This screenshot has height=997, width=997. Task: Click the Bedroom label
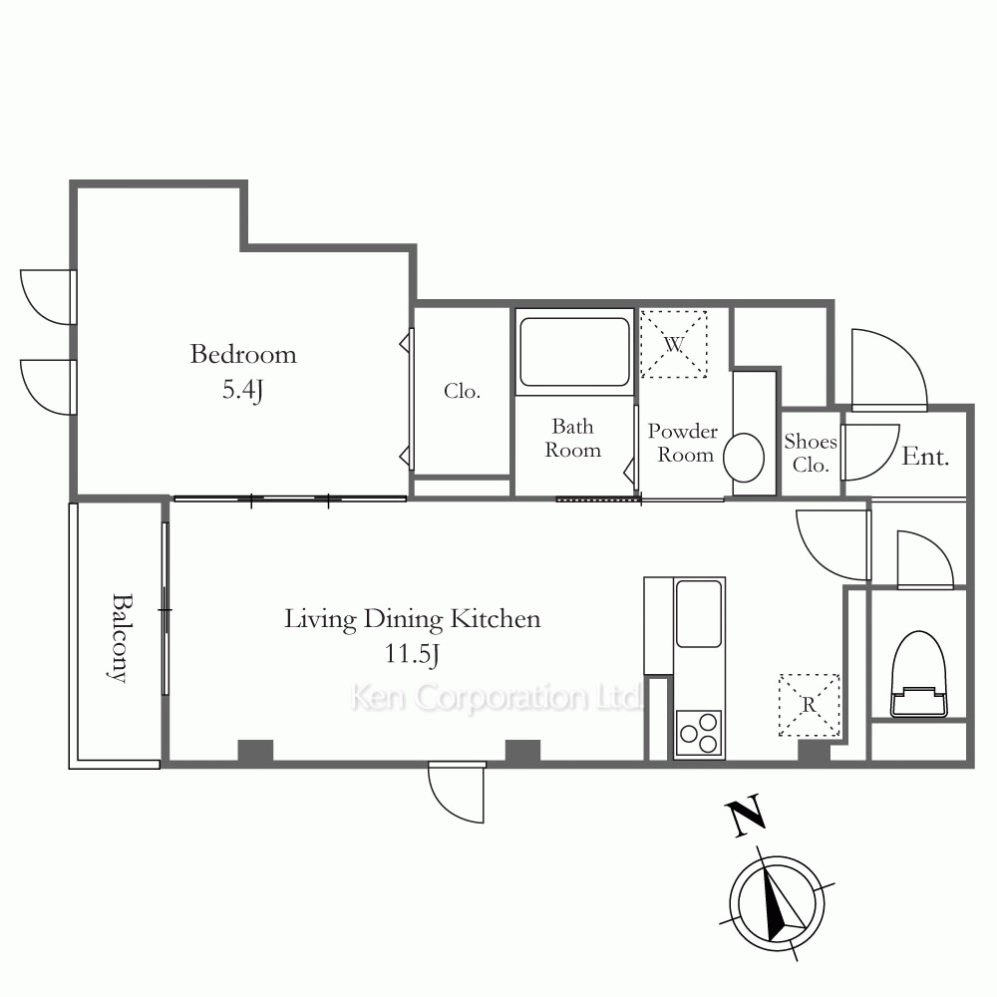(x=243, y=354)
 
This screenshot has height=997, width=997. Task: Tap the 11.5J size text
(x=412, y=654)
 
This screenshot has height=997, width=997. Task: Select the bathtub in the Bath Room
(x=574, y=352)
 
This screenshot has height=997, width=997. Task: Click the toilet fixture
(x=919, y=674)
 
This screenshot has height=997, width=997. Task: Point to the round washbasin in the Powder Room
(x=744, y=458)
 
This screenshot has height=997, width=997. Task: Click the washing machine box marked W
(x=673, y=344)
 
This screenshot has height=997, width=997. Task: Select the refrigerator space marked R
(x=810, y=705)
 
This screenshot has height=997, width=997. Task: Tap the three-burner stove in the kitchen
(x=699, y=733)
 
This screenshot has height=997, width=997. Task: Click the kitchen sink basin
(x=699, y=613)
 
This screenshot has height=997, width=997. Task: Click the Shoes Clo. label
(x=810, y=453)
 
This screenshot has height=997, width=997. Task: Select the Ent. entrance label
(x=925, y=457)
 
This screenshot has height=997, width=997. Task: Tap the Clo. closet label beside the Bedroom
(x=462, y=391)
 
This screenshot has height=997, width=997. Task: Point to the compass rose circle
(x=777, y=904)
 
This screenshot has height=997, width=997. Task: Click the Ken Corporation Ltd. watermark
(x=496, y=698)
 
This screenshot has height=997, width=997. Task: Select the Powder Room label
(x=683, y=443)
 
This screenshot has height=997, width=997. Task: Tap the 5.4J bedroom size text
(x=243, y=389)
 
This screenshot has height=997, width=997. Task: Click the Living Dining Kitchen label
(x=412, y=619)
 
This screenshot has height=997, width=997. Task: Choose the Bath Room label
(x=572, y=438)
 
